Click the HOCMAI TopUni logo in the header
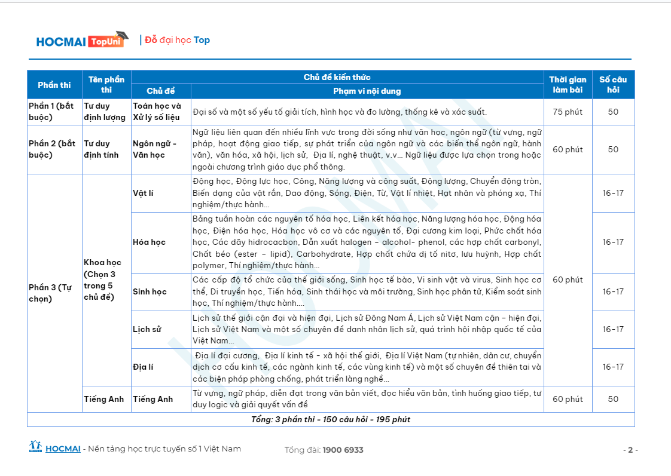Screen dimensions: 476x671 click(x=82, y=40)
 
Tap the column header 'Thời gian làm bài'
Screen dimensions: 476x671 click(x=568, y=85)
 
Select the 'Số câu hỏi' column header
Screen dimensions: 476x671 click(x=613, y=85)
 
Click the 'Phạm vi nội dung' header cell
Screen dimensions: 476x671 click(x=367, y=91)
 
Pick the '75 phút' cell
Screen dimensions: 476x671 click(x=568, y=112)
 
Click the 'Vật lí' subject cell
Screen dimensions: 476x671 click(x=143, y=194)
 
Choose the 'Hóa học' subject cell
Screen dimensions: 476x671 click(x=149, y=242)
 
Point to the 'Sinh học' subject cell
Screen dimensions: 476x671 click(x=150, y=292)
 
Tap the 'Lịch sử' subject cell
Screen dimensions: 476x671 click(x=148, y=330)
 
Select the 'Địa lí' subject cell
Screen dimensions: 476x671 click(x=143, y=367)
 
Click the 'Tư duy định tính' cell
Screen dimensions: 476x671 click(x=101, y=149)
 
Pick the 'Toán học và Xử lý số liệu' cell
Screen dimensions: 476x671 click(x=157, y=112)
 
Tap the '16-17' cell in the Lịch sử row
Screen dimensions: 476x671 click(x=613, y=330)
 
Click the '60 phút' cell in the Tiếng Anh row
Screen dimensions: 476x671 click(x=568, y=399)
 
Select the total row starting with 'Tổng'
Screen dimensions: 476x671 click(x=331, y=420)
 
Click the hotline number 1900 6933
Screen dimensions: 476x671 click(x=343, y=450)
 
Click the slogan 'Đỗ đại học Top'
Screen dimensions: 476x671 click(x=178, y=40)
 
